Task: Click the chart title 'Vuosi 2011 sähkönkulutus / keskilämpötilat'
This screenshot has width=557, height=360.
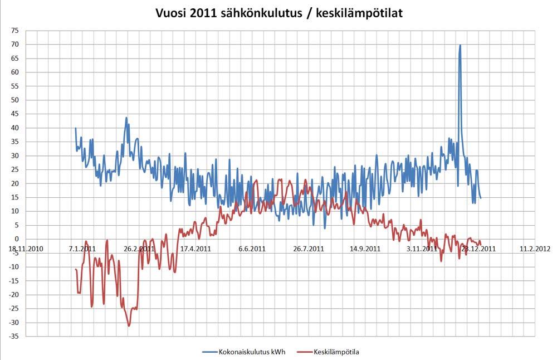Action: pos(278,12)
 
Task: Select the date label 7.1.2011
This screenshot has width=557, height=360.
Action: pos(81,249)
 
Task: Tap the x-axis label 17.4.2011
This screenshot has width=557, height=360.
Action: pos(195,249)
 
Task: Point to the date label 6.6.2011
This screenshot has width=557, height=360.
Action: pos(252,249)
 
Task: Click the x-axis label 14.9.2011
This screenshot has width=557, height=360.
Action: pos(366,249)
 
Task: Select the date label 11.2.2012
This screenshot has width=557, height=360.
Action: pos(535,249)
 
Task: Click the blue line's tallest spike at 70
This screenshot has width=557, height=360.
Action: pos(460,45)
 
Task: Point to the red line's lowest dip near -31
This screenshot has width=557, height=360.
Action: pos(129,325)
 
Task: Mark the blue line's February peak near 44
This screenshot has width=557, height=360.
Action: pos(126,118)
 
